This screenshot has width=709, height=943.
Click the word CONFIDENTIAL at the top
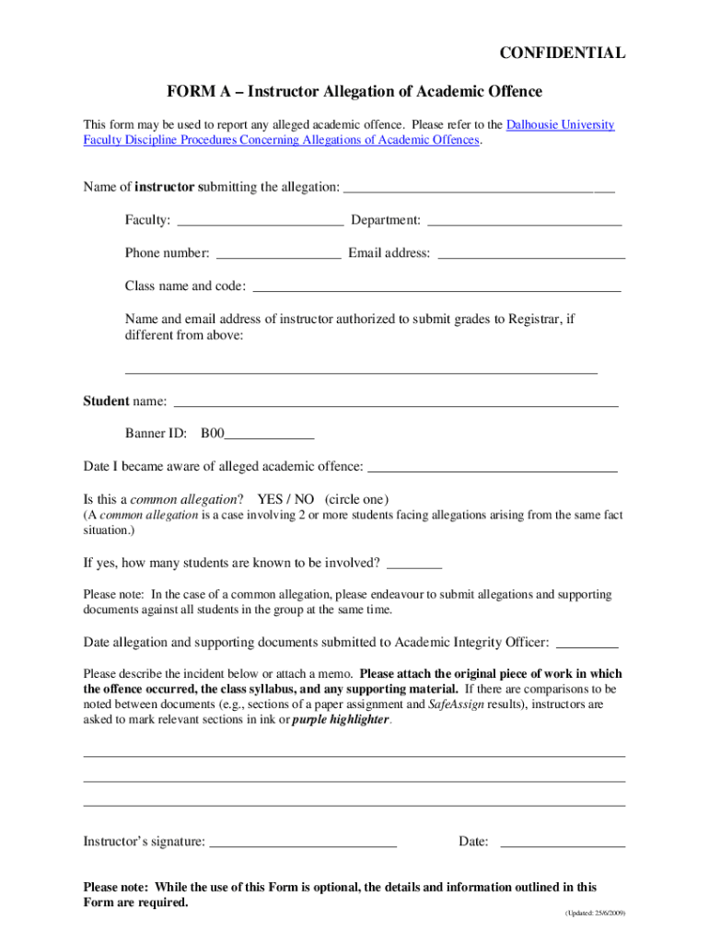pyautogui.click(x=562, y=53)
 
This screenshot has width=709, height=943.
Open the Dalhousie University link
pyautogui.click(x=561, y=124)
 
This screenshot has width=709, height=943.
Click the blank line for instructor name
pyautogui.click(x=478, y=189)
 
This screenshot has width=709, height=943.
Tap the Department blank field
pyautogui.click(x=525, y=222)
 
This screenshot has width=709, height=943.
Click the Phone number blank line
pyautogui.click(x=278, y=255)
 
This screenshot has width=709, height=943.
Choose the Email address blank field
pyautogui.click(x=531, y=255)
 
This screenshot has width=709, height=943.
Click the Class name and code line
pyautogui.click(x=436, y=288)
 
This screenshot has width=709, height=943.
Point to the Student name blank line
pyautogui.click(x=396, y=403)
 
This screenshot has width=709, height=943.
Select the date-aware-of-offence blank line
pyautogui.click(x=493, y=468)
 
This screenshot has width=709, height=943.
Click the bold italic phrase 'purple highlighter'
pyautogui.click(x=341, y=719)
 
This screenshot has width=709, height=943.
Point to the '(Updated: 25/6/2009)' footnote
pyautogui.click(x=595, y=913)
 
